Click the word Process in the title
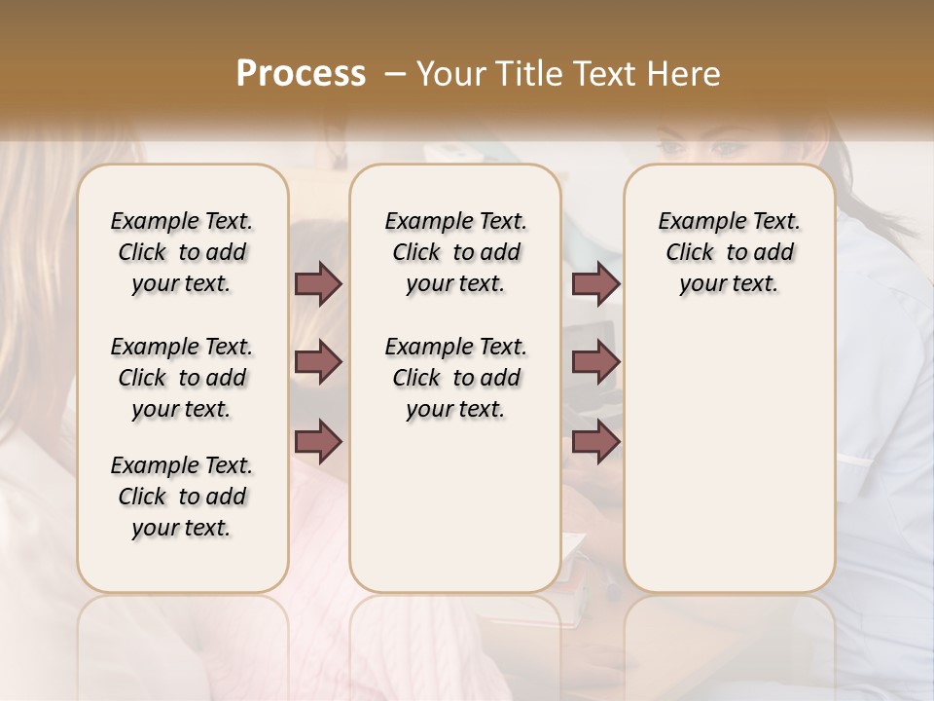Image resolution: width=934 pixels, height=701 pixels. pyautogui.click(x=301, y=75)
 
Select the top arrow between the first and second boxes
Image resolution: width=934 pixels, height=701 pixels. pyautogui.click(x=318, y=283)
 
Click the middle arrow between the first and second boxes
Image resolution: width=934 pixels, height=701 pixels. pyautogui.click(x=318, y=362)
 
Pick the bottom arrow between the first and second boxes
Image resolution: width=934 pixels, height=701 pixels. pyautogui.click(x=318, y=442)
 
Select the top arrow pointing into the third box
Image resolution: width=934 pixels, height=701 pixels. pyautogui.click(x=595, y=283)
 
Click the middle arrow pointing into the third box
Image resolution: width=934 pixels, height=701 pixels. pyautogui.click(x=595, y=362)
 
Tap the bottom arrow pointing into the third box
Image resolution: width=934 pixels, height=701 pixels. pyautogui.click(x=595, y=442)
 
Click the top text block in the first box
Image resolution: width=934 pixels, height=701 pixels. pyautogui.click(x=182, y=252)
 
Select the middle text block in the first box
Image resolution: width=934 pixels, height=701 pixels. pyautogui.click(x=182, y=378)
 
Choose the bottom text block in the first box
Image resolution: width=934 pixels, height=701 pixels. pyautogui.click(x=182, y=497)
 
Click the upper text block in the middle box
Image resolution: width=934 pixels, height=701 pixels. pyautogui.click(x=455, y=252)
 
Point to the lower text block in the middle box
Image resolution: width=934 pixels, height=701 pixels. pyautogui.click(x=455, y=378)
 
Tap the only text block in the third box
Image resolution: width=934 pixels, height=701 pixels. pyautogui.click(x=729, y=252)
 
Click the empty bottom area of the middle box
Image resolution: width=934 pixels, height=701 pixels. pyautogui.click(x=455, y=516)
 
